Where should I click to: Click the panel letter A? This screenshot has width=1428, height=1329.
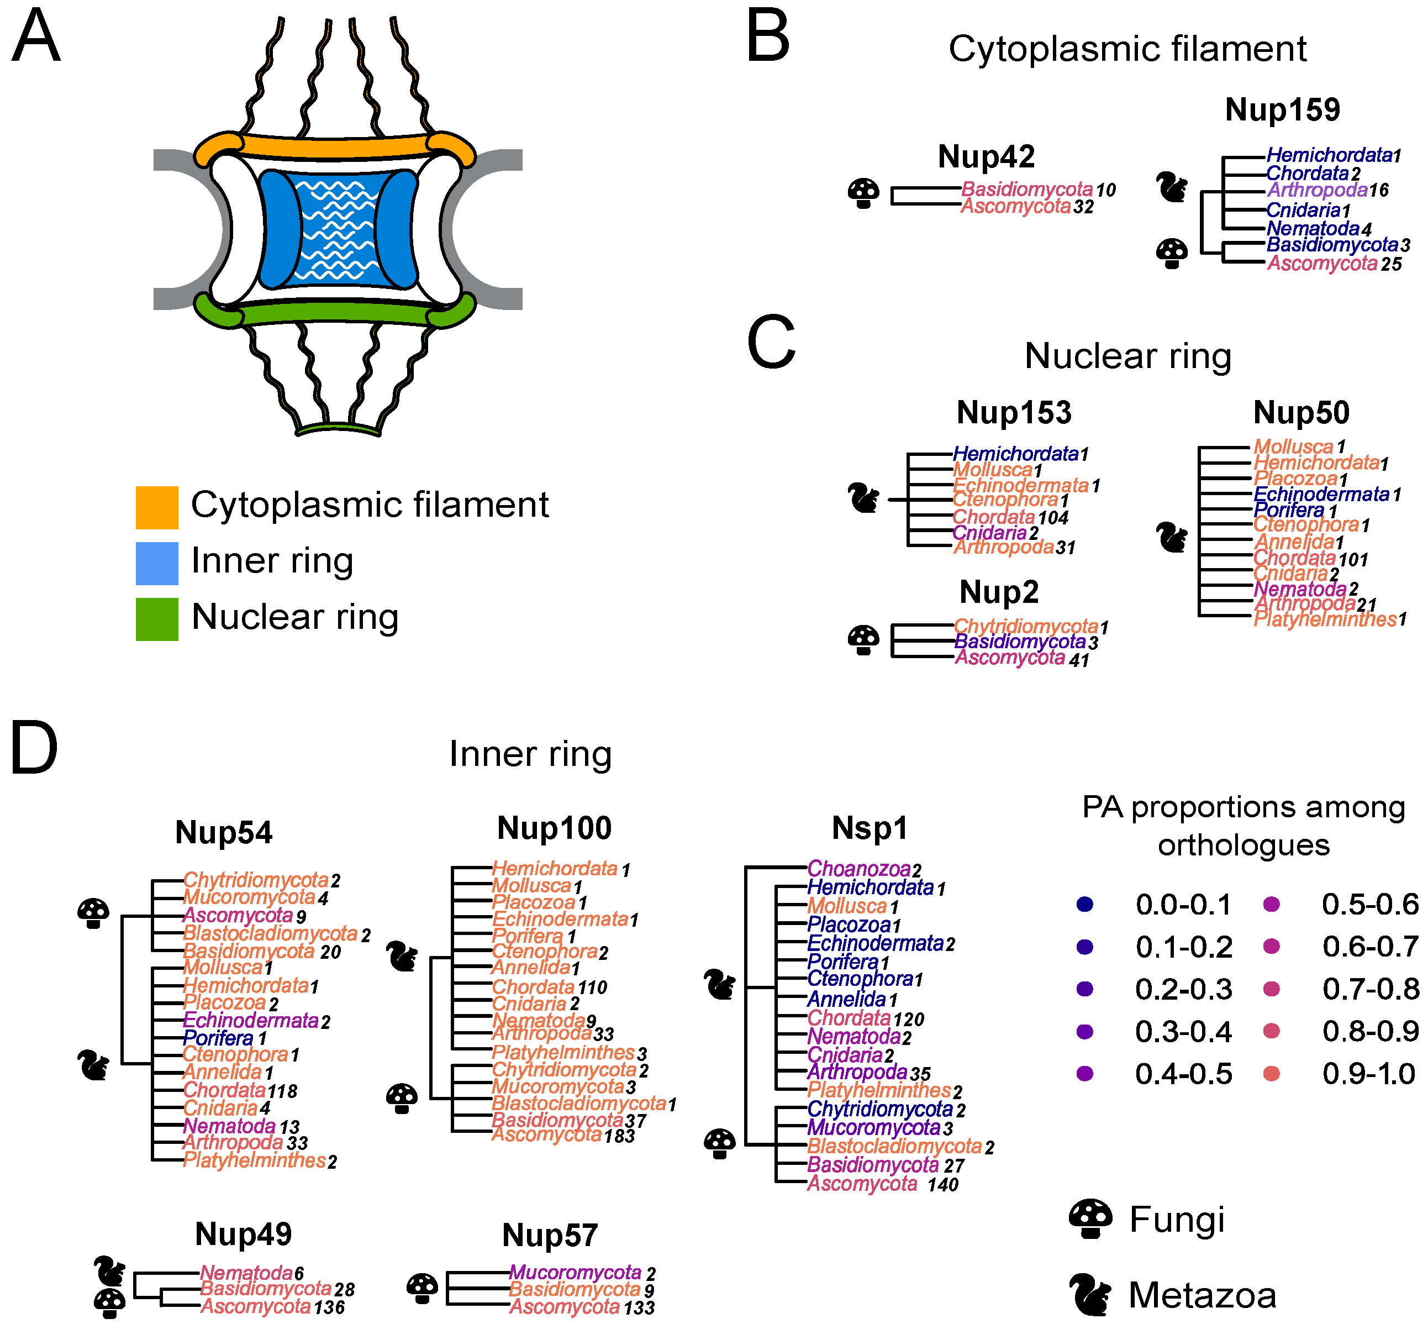[x=36, y=36]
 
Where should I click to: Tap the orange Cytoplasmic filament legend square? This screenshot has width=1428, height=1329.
[x=156, y=507]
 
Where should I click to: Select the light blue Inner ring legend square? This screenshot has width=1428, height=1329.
[x=156, y=563]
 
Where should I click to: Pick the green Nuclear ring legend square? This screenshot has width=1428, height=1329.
[x=156, y=619]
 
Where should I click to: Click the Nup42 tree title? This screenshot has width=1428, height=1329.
[x=986, y=156]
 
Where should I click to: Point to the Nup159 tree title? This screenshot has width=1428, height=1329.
[x=1282, y=110]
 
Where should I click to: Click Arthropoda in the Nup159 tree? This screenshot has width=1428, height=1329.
[x=1316, y=190]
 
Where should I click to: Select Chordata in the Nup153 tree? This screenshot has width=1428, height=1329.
[x=993, y=517]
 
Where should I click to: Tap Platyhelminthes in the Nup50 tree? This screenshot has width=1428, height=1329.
[x=1325, y=619]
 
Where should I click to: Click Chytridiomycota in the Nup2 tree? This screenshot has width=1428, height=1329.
[x=1026, y=627]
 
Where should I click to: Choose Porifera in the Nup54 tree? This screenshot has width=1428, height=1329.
[x=218, y=1038]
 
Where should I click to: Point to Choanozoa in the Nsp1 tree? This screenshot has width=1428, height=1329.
[x=858, y=869]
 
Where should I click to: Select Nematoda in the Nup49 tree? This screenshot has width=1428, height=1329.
[x=246, y=1273]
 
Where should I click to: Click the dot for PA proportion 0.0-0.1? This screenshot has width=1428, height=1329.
[x=1084, y=905]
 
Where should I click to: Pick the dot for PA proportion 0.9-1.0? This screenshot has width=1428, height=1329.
[x=1271, y=1074]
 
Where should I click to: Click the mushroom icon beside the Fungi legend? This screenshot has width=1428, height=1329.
[x=1090, y=1218]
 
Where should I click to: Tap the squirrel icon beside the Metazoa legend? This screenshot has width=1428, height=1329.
[x=1090, y=1295]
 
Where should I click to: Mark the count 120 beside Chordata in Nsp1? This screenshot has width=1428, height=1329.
[x=909, y=1020]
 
